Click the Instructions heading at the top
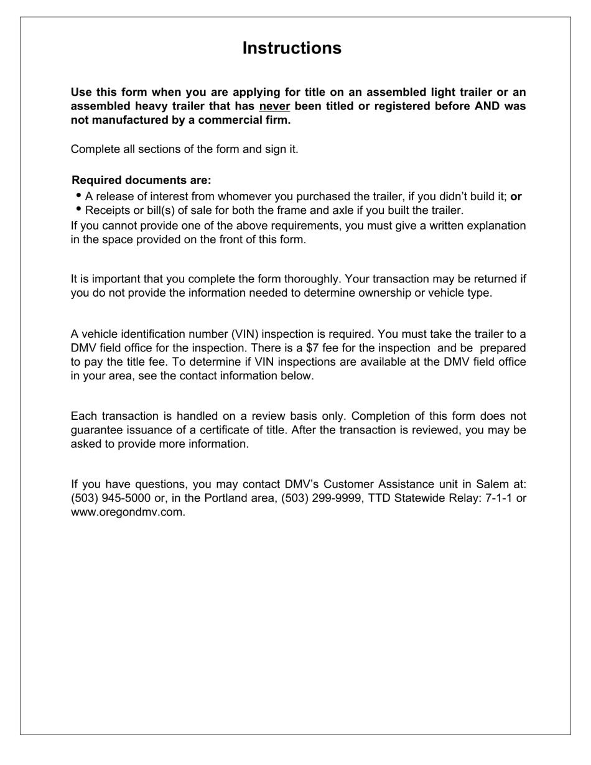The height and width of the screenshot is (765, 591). point(292,49)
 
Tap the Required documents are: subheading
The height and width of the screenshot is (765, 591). point(141,180)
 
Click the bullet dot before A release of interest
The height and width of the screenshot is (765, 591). point(79,195)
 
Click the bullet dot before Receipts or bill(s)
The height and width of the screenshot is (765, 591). point(79,209)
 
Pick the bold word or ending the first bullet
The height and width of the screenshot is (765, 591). point(516,197)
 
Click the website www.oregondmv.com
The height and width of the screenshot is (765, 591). point(128,512)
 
